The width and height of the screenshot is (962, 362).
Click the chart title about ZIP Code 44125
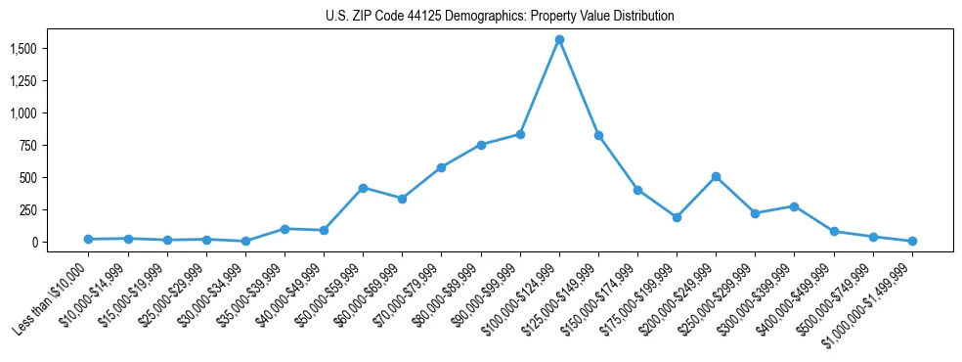tap(500, 17)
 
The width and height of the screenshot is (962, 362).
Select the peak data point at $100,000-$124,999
tap(559, 40)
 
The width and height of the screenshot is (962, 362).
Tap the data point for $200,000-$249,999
tap(716, 177)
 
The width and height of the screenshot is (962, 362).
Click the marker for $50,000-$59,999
tap(363, 188)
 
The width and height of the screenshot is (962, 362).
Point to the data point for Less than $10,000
tap(88, 239)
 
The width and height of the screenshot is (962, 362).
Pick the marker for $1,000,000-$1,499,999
tap(912, 241)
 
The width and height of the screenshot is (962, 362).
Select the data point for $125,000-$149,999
tap(598, 135)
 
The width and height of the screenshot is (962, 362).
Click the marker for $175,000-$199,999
tap(677, 217)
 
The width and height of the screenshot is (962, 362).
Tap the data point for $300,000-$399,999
tap(794, 206)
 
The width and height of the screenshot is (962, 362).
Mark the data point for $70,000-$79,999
tap(441, 167)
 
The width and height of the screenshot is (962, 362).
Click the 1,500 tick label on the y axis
tap(22, 49)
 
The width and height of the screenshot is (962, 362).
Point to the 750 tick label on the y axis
tap(28, 146)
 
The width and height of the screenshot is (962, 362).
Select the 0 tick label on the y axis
tap(34, 243)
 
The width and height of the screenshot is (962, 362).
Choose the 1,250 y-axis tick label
tap(22, 81)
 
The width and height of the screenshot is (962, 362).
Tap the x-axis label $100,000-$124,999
tap(520, 298)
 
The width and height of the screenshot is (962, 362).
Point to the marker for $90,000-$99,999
tap(520, 134)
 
